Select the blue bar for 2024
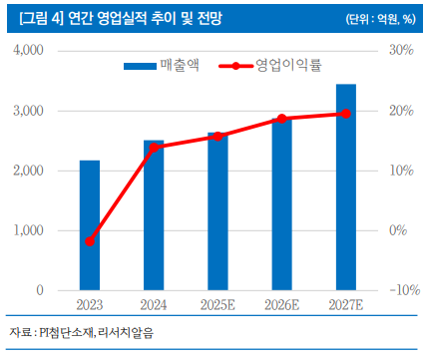(154, 215)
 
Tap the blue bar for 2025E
(217, 211)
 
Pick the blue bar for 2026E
(281, 204)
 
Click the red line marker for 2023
(90, 241)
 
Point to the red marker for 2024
(154, 148)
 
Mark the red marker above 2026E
(281, 119)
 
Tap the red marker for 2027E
(345, 114)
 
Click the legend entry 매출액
(166, 66)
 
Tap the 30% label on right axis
(400, 51)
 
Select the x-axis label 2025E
(217, 304)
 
